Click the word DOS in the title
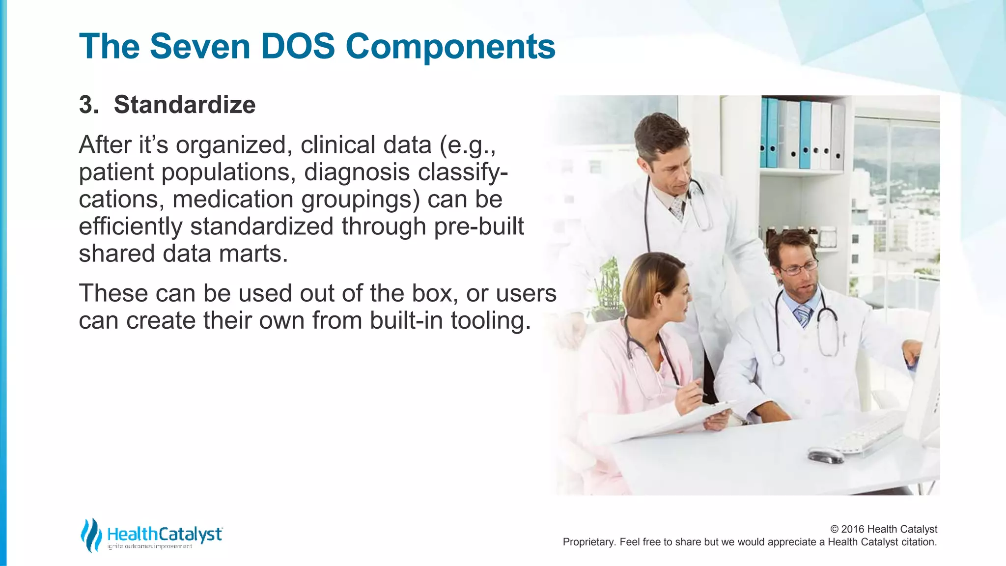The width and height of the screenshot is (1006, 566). (x=297, y=47)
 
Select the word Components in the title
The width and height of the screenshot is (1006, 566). (x=450, y=47)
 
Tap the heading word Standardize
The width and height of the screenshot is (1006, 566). (x=185, y=105)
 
